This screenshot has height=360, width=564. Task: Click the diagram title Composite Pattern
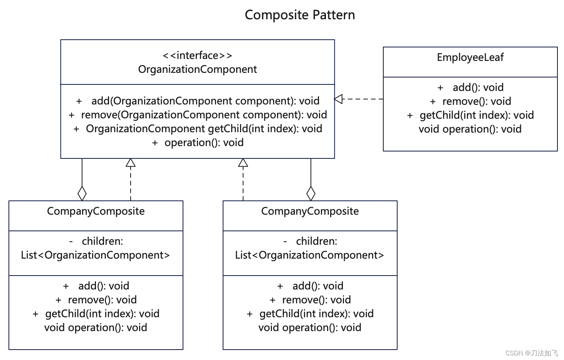(x=300, y=15)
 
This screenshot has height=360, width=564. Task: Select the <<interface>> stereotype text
(x=197, y=56)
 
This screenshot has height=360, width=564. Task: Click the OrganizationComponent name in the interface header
(x=197, y=69)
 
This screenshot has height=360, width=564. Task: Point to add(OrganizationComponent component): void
(x=205, y=101)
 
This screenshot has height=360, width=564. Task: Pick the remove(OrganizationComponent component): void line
(x=204, y=115)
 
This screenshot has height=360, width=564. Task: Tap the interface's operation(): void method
(x=204, y=143)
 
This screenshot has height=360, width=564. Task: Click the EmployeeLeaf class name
(x=470, y=57)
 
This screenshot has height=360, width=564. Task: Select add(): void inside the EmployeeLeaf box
(x=478, y=87)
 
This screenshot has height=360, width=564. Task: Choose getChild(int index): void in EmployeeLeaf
(x=477, y=115)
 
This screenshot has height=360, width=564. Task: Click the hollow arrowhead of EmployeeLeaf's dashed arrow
(x=338, y=99)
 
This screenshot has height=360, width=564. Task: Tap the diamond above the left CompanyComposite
(x=82, y=193)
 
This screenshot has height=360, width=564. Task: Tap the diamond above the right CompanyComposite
(x=311, y=193)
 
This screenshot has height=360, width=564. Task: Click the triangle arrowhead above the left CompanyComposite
(x=131, y=163)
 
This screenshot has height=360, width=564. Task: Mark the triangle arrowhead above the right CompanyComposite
(x=243, y=163)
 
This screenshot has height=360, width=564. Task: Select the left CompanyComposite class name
(x=96, y=211)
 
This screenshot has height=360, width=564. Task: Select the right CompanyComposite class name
(x=310, y=211)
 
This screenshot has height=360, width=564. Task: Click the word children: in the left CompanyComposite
(x=102, y=241)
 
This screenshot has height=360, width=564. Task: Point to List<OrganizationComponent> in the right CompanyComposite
(x=310, y=255)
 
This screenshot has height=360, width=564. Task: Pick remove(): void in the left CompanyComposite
(x=102, y=300)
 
